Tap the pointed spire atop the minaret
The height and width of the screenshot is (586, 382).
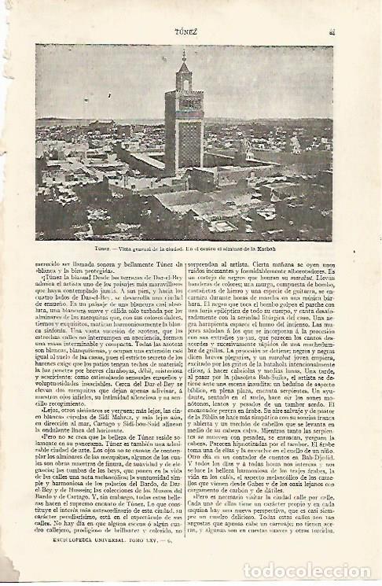[183, 58]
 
